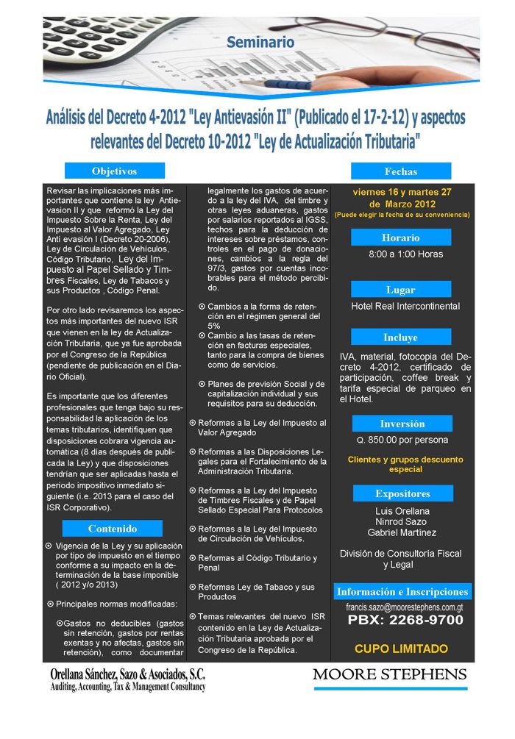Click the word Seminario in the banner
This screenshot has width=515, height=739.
(x=260, y=42)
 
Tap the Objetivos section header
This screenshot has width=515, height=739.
(x=114, y=171)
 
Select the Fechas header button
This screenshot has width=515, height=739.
(x=400, y=171)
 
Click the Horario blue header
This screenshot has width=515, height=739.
(x=400, y=238)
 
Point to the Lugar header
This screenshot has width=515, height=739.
(x=400, y=290)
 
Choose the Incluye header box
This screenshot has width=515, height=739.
(x=400, y=338)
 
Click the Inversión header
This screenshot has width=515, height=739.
(x=402, y=424)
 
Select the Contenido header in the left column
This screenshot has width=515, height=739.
(x=113, y=528)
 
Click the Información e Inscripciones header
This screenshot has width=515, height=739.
(x=402, y=592)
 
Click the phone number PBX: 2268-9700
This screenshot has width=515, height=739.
(x=405, y=621)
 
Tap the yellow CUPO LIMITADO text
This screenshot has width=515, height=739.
(x=401, y=649)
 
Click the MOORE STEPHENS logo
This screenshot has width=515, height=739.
(x=389, y=675)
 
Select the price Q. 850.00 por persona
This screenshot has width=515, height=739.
(x=402, y=440)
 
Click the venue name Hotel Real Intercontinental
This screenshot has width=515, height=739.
(x=405, y=306)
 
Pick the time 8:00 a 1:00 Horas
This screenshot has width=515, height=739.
(x=405, y=254)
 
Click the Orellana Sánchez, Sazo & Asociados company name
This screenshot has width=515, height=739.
(x=127, y=674)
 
